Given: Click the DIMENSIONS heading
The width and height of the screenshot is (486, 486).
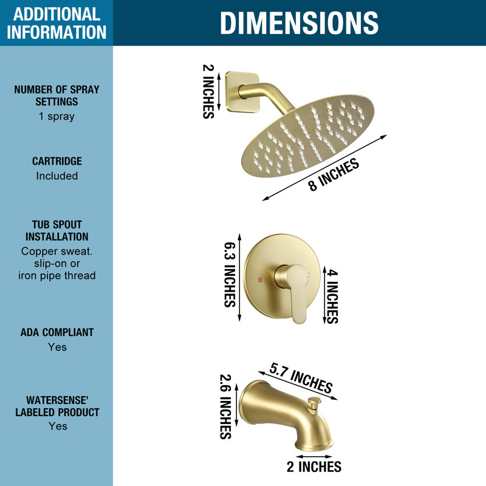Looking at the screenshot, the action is [x=299, y=22].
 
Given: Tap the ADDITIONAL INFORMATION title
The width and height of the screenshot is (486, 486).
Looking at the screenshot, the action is [x=56, y=23].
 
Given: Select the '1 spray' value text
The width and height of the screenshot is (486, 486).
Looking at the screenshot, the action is [x=56, y=117].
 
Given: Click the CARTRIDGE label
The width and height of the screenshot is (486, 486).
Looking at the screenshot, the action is [x=57, y=161].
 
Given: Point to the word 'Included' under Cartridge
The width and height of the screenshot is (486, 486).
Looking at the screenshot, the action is [x=57, y=176].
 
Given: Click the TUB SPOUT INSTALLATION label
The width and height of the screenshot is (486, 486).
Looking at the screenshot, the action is [x=56, y=231].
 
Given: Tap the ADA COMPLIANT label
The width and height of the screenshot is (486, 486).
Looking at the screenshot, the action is [x=57, y=332].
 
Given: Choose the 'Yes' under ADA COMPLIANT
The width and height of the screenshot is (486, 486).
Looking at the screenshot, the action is [x=57, y=347].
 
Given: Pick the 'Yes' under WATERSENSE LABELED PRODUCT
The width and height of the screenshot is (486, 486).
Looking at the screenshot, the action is [x=58, y=426].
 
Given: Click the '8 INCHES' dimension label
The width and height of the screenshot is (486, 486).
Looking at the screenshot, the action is [x=334, y=174].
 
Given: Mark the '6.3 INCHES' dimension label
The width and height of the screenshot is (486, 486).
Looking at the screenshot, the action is [x=230, y=275].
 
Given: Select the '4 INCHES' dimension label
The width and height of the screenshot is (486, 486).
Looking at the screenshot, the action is [x=332, y=296].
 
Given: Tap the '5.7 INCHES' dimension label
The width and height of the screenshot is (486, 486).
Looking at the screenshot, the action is [x=301, y=377].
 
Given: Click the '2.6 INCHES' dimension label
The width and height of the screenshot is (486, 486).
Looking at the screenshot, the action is [x=225, y=406].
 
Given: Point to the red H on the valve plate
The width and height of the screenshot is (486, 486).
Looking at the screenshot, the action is [x=260, y=280].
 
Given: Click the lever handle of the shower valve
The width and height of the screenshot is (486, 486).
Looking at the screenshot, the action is [x=296, y=293].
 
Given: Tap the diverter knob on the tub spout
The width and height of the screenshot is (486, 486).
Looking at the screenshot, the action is [x=314, y=403].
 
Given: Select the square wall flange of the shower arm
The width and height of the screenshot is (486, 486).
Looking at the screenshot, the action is [x=242, y=92].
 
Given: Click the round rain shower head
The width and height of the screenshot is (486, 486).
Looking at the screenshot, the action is [x=308, y=136].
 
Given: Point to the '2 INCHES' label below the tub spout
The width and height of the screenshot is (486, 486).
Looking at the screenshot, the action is [x=313, y=467].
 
